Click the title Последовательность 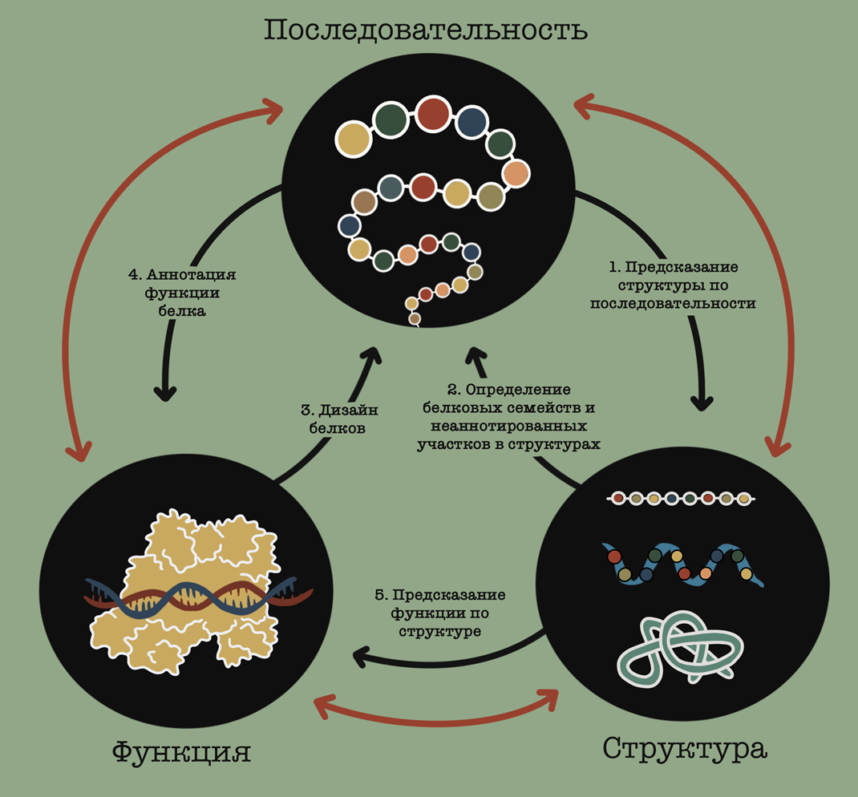click(426, 30)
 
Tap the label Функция click(181, 752)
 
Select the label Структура click(685, 748)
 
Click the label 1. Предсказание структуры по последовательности click(673, 285)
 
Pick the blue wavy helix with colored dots click(682, 564)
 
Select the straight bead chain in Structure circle click(682, 499)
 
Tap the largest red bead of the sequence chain click(434, 113)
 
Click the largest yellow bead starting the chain click(353, 139)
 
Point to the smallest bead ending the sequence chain click(415, 319)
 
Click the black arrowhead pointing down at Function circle click(165, 392)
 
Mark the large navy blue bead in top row click(471, 123)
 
